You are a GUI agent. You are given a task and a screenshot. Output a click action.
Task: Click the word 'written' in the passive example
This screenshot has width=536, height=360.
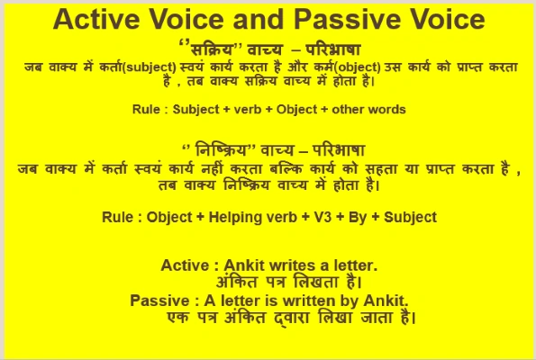coord(311,299)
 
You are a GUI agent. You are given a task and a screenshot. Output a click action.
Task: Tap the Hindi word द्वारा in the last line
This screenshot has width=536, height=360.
coord(278,318)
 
